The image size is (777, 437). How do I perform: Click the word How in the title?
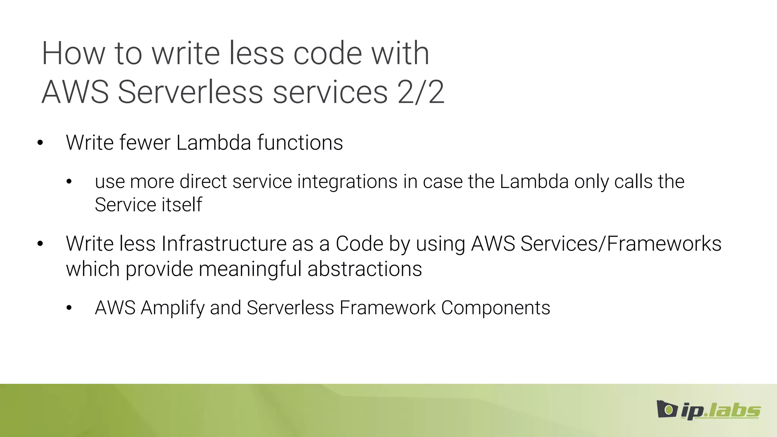click(73, 53)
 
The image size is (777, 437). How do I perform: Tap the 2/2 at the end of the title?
click(421, 92)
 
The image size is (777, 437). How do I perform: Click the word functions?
click(300, 143)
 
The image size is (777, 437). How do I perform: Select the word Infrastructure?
click(224, 244)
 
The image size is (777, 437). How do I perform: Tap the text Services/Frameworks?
click(621, 244)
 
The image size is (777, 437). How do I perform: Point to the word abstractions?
click(365, 269)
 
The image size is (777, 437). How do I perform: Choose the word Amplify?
click(172, 308)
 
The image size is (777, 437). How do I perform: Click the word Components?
click(495, 308)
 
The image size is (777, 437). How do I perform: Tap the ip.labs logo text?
click(720, 411)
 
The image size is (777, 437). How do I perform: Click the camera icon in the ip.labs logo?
click(667, 409)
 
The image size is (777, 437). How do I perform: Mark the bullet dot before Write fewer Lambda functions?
click(40, 143)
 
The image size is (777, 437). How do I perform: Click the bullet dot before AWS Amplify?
click(69, 308)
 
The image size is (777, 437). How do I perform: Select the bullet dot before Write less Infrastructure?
click(40, 244)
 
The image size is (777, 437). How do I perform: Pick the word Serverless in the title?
click(190, 92)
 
